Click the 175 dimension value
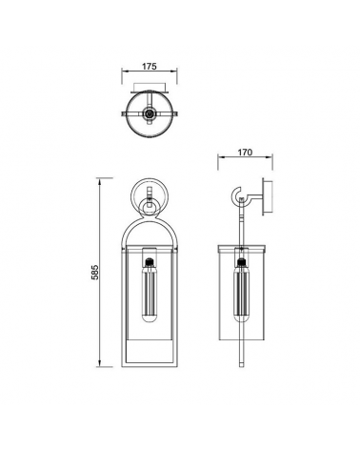coord(150,68)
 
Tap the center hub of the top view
coord(150,114)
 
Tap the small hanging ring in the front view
coord(150,207)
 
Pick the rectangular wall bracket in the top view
coord(150,92)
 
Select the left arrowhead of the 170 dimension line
coord(220,159)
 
